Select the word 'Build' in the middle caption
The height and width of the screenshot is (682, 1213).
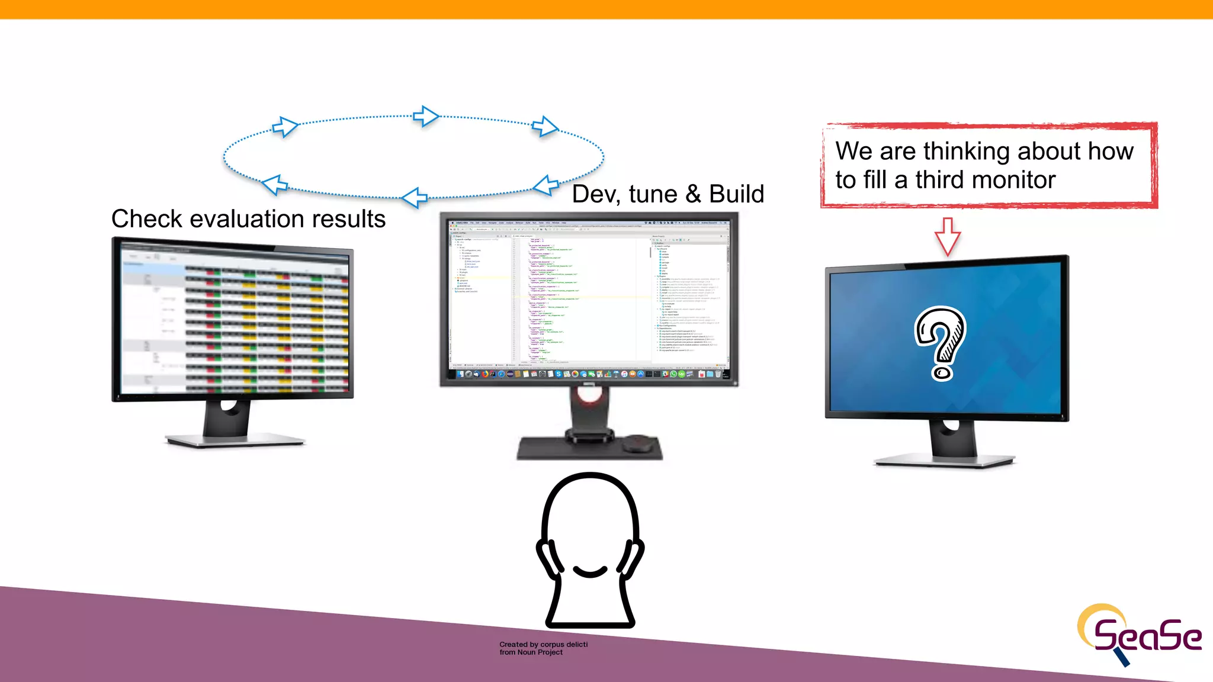point(736,194)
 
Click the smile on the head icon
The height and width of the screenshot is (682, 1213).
point(590,571)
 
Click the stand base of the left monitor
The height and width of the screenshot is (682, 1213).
point(235,441)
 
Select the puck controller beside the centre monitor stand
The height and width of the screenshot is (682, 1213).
point(637,442)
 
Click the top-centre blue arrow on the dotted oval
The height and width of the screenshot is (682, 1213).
point(425,116)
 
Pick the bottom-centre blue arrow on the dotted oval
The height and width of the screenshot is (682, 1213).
point(414,198)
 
